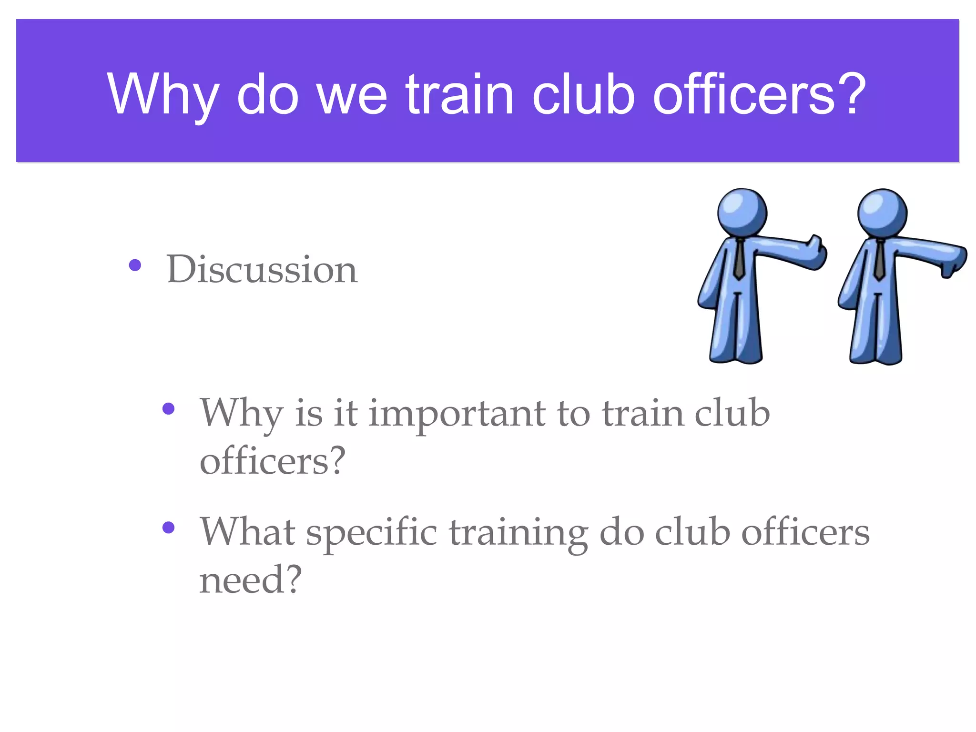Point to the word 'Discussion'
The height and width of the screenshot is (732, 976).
(262, 269)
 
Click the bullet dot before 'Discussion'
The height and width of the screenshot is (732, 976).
(135, 265)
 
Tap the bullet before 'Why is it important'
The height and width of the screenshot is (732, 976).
(169, 408)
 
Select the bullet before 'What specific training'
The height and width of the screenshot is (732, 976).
(169, 527)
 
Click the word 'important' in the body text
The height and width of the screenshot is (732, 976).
(457, 414)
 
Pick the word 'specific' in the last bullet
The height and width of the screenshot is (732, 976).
(371, 532)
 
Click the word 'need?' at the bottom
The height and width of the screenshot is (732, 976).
(250, 580)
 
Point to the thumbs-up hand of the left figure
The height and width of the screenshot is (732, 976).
(815, 252)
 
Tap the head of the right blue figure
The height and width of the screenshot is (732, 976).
(882, 213)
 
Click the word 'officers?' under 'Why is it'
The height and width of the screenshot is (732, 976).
(272, 461)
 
